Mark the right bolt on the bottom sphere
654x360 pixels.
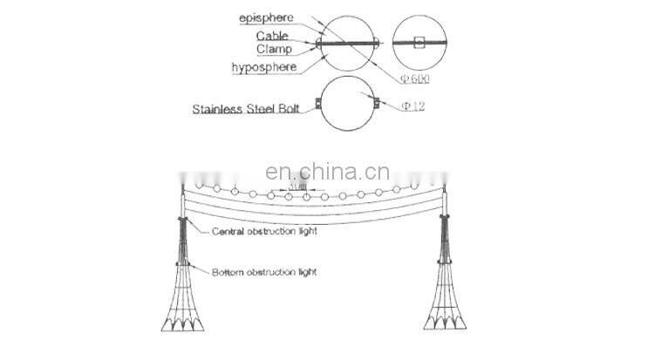[378, 109]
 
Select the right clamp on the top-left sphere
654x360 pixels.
[378, 42]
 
